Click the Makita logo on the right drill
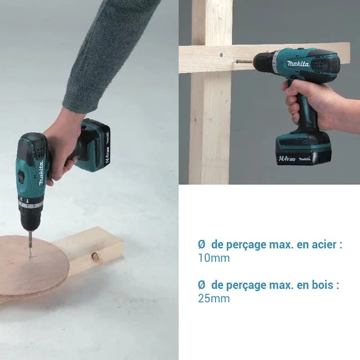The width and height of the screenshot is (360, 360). click(x=298, y=63)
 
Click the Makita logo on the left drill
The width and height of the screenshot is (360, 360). click(x=41, y=173)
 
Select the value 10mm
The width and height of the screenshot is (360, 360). click(x=214, y=258)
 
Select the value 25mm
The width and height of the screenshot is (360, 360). click(x=214, y=298)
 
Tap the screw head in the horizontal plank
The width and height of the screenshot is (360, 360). click(x=221, y=55)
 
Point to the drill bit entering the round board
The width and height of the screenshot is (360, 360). click(x=30, y=244)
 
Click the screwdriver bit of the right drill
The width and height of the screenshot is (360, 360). click(x=243, y=61)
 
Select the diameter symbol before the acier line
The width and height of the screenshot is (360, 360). click(x=201, y=244)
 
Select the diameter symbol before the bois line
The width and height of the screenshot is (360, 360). click(x=201, y=285)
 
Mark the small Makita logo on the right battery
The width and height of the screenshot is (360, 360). click(x=305, y=159)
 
